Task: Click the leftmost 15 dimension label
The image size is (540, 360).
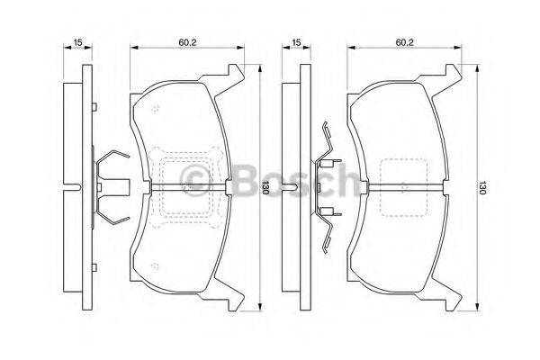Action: click(78, 41)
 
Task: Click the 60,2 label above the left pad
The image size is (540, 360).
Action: click(187, 41)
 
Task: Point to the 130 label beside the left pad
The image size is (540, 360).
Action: click(265, 188)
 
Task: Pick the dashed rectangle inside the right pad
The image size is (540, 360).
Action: click(402, 188)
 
